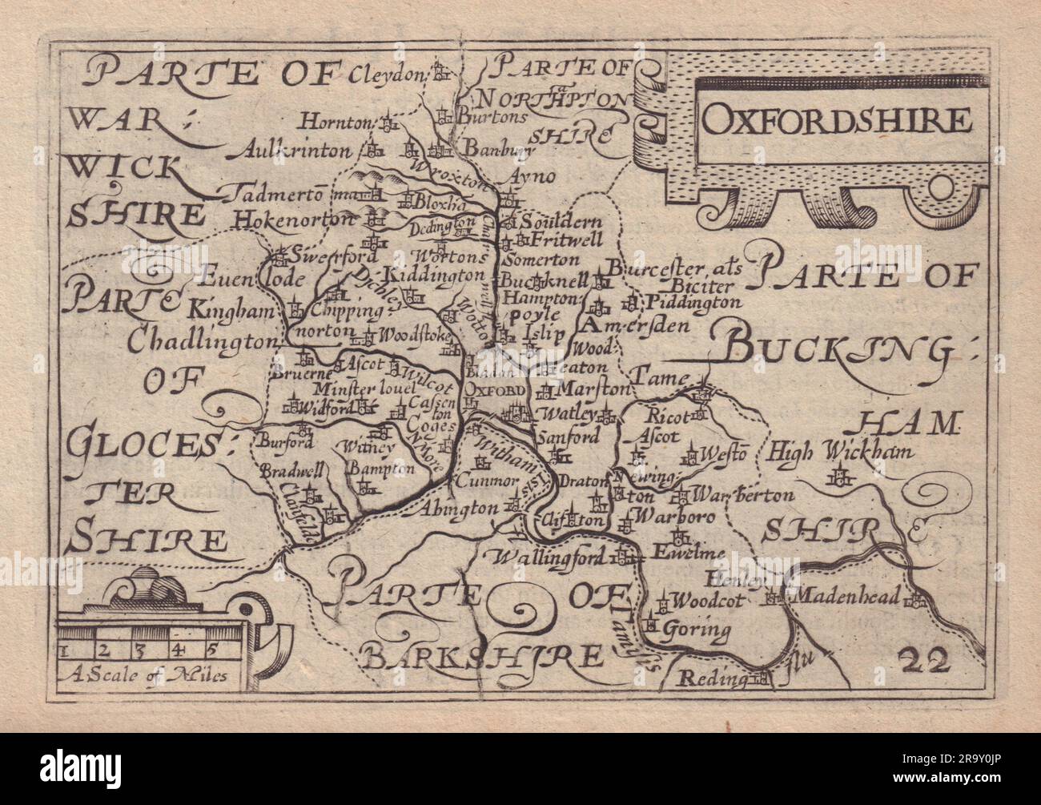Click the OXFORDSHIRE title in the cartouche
835,120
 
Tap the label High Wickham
838,453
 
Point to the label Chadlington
199,342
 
